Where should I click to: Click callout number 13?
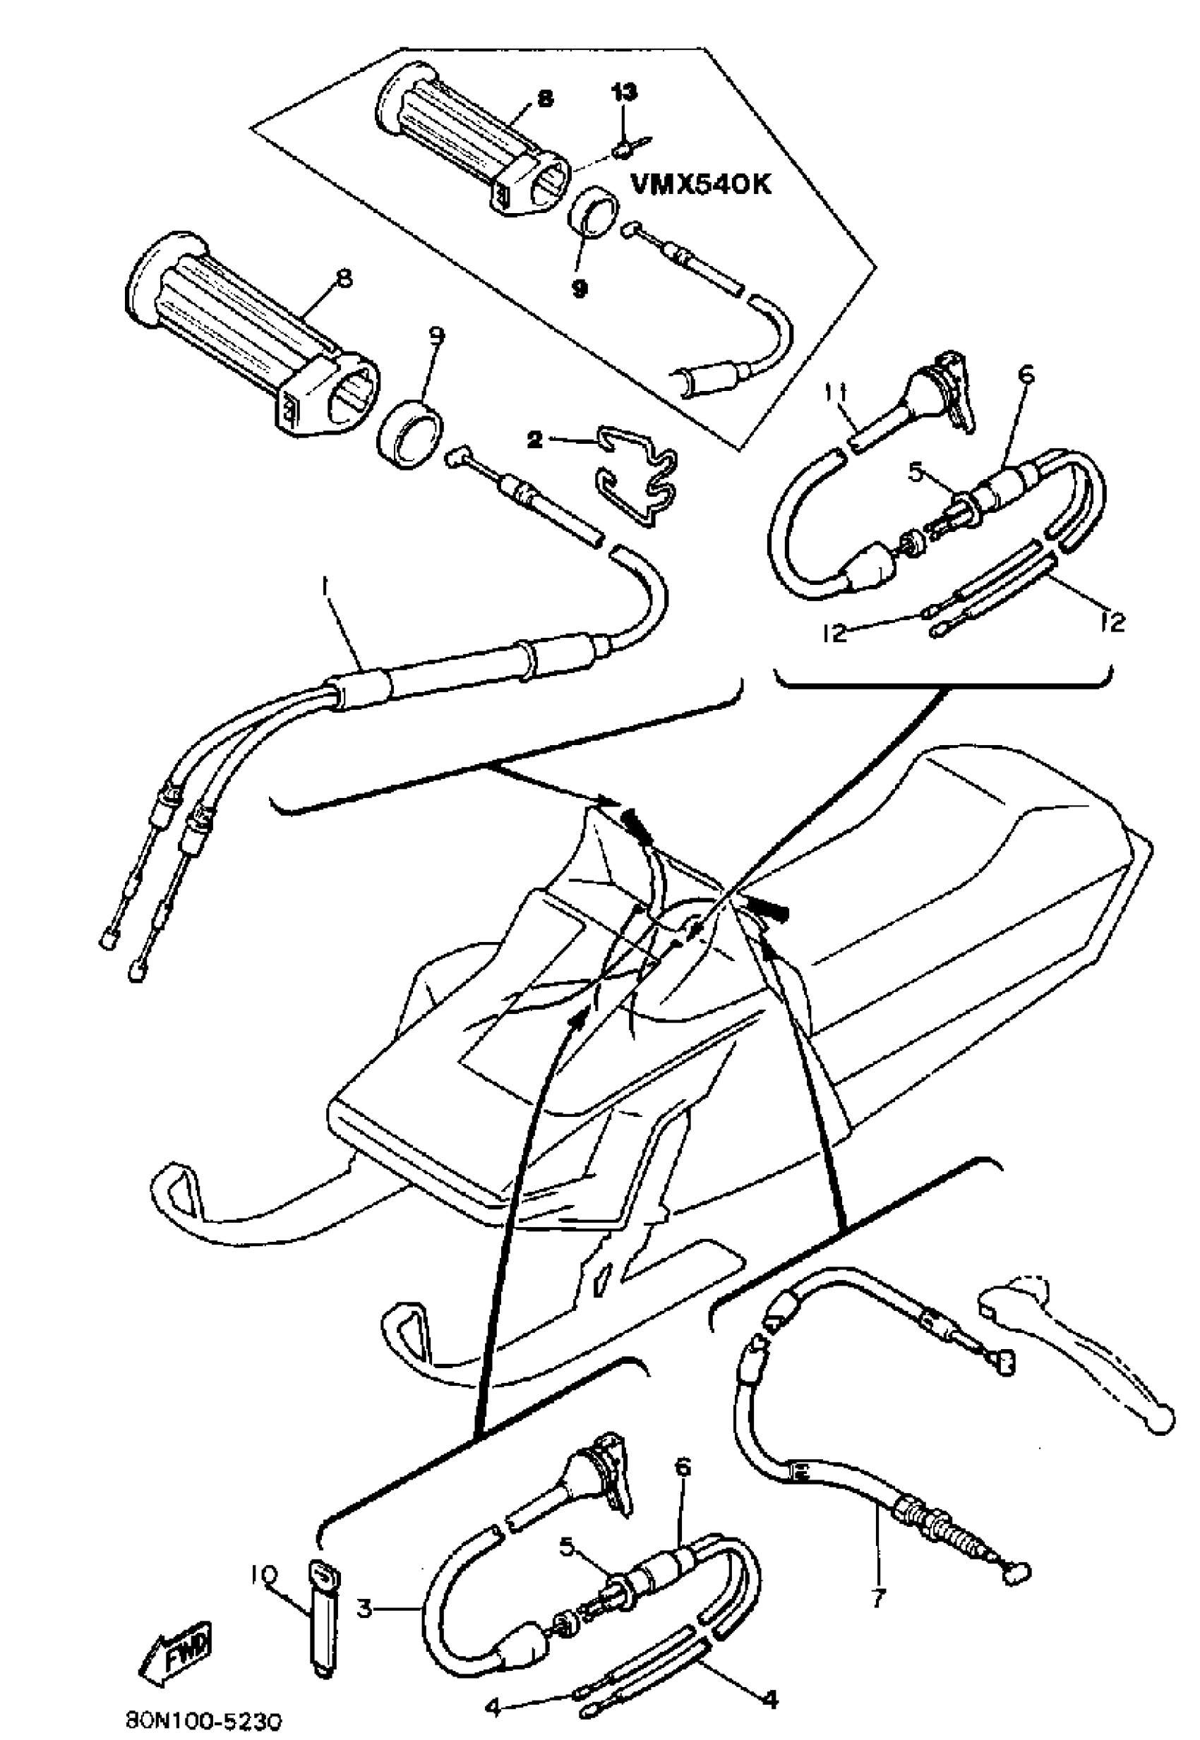(x=624, y=92)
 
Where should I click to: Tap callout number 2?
(x=534, y=440)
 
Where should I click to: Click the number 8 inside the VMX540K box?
(x=545, y=99)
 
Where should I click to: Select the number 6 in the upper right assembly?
(x=1027, y=373)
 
